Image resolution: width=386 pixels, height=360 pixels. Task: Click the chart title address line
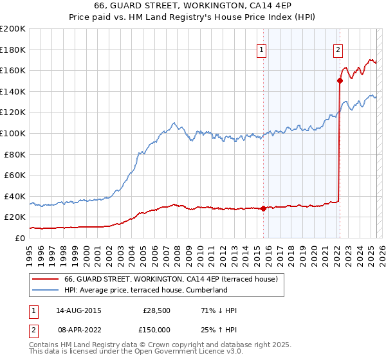click(192, 6)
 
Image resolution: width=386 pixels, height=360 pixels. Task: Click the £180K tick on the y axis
click(13, 50)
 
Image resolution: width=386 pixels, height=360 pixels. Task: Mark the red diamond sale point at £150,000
click(340, 80)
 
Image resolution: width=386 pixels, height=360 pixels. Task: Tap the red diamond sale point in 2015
click(264, 208)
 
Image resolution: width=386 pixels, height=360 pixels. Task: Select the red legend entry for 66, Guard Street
click(170, 279)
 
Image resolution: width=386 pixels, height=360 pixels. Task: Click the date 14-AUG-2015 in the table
click(78, 310)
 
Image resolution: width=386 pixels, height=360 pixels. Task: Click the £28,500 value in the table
click(156, 310)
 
